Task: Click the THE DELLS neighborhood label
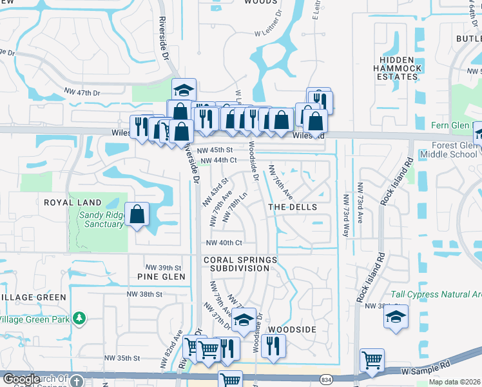pyautogui.click(x=293, y=207)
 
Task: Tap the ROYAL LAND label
pyautogui.click(x=73, y=203)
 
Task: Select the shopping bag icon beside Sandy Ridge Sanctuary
pyautogui.click(x=137, y=215)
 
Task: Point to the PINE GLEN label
pyautogui.click(x=161, y=277)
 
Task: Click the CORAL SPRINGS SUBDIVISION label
pyautogui.click(x=240, y=264)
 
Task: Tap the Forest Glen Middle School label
pyautogui.click(x=448, y=150)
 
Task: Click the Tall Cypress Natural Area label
pyautogui.click(x=440, y=294)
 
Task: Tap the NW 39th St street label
pyautogui.click(x=164, y=268)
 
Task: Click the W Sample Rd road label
pyautogui.click(x=423, y=371)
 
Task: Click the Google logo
pyautogui.click(x=22, y=379)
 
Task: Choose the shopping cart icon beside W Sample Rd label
pyautogui.click(x=372, y=361)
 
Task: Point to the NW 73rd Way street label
pyautogui.click(x=346, y=215)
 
